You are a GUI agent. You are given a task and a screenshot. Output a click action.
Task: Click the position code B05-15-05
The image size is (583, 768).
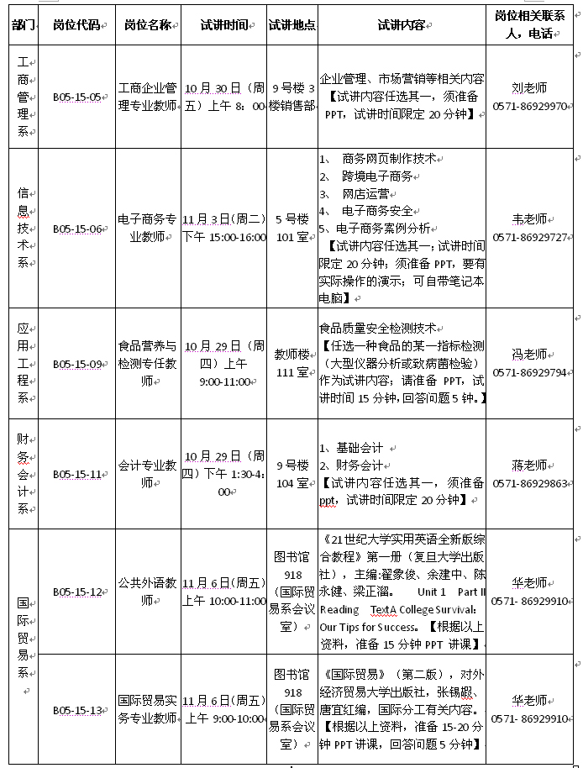(x=76, y=97)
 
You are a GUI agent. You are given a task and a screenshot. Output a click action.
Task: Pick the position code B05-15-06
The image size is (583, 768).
(x=76, y=229)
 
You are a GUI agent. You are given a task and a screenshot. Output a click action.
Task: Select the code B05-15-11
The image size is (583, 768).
(x=76, y=474)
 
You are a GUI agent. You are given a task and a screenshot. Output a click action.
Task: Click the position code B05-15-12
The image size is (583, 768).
(x=76, y=592)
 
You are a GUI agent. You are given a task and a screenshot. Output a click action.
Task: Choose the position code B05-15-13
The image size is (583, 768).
(x=76, y=710)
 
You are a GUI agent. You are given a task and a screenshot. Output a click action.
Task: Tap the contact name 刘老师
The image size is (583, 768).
(x=530, y=87)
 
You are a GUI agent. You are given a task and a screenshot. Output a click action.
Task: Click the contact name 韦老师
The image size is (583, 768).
(x=530, y=219)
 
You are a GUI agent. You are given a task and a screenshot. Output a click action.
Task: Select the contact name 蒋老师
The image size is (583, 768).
(x=530, y=465)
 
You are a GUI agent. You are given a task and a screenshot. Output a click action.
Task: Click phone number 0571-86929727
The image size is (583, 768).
(x=530, y=238)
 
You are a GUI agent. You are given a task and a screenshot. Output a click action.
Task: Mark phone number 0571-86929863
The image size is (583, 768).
(x=530, y=483)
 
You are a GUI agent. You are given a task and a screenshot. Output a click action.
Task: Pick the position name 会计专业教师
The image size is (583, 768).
(x=147, y=474)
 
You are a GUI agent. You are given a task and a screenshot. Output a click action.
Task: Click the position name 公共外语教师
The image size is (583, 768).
(x=147, y=592)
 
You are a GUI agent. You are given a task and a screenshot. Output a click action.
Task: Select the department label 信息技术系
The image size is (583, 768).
(x=24, y=229)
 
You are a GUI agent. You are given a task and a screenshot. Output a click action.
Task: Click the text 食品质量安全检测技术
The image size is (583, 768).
(x=378, y=329)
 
